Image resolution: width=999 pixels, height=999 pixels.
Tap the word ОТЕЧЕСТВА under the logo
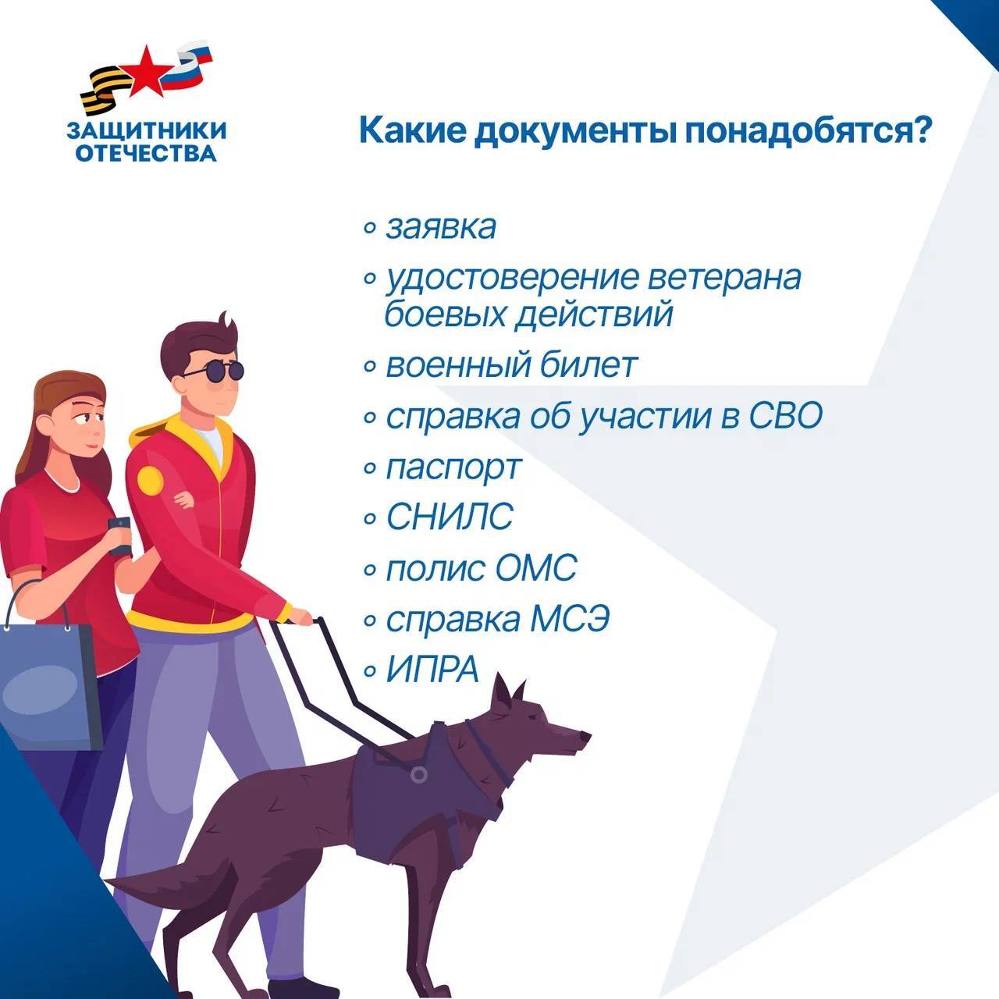tap(146, 154)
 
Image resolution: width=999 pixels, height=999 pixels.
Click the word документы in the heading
tap(575, 132)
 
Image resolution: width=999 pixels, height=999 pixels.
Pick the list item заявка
tap(441, 228)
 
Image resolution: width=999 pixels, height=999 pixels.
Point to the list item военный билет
tap(511, 365)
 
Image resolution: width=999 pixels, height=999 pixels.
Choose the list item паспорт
tap(453, 468)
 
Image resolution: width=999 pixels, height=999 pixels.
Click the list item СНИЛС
tap(450, 516)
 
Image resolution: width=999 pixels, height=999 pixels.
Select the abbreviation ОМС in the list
tap(536, 567)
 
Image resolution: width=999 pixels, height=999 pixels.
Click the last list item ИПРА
tap(432, 670)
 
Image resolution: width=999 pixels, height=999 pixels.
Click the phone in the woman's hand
tap(119, 536)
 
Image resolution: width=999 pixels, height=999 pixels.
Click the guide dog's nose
tap(585, 736)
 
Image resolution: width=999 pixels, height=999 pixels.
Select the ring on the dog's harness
tap(418, 775)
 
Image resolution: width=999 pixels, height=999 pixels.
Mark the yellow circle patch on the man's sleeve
tap(151, 481)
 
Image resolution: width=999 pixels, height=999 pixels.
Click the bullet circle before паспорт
tap(370, 468)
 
